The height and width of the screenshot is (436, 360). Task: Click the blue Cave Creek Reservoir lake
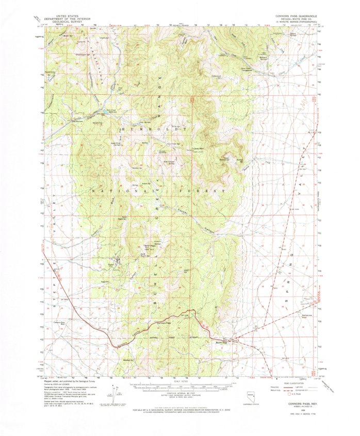(111, 110)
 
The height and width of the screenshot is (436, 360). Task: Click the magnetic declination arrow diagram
(111, 396)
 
